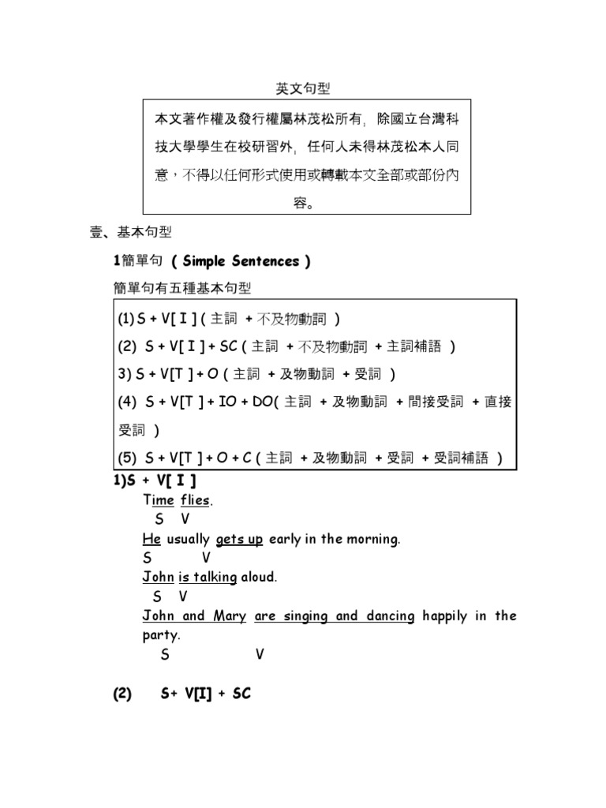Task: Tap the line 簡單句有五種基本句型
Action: (x=182, y=289)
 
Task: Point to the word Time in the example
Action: (x=159, y=499)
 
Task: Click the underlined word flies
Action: (x=196, y=499)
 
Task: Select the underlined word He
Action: (x=151, y=539)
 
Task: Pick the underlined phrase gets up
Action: (x=239, y=539)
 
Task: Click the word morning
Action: (x=375, y=539)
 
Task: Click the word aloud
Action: (x=260, y=577)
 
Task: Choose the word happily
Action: (x=444, y=615)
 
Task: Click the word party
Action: (x=162, y=634)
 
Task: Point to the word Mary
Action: (x=230, y=615)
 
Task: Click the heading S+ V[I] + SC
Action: (x=205, y=694)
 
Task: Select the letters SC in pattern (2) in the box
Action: (x=228, y=346)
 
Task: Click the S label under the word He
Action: (x=147, y=557)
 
